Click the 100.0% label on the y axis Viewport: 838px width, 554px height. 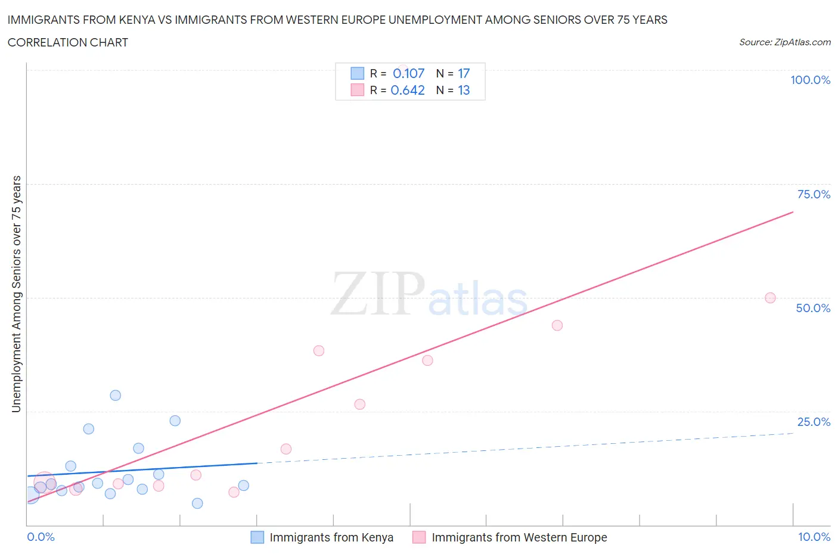810,80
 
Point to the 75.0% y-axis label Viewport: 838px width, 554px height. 813,194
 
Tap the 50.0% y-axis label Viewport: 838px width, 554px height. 813,308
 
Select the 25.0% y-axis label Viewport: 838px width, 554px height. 813,422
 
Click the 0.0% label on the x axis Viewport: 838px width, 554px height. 41,537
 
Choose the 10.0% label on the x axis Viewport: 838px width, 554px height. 814,537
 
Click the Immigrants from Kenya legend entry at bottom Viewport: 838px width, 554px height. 331,537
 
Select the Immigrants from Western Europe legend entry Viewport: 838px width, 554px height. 519,537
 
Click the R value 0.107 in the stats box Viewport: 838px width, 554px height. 408,73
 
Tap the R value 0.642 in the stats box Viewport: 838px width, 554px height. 408,90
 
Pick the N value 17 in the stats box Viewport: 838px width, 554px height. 464,73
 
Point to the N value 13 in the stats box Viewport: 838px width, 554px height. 464,90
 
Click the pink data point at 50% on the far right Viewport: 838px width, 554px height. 770,298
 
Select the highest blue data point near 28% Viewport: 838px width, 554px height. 116,396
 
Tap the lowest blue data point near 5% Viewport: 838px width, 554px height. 197,503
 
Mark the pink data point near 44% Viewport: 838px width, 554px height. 557,325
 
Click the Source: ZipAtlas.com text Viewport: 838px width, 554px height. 784,42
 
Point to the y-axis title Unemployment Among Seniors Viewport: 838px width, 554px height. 17,294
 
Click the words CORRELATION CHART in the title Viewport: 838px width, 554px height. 68,42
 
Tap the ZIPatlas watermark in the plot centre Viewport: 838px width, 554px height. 429,295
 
